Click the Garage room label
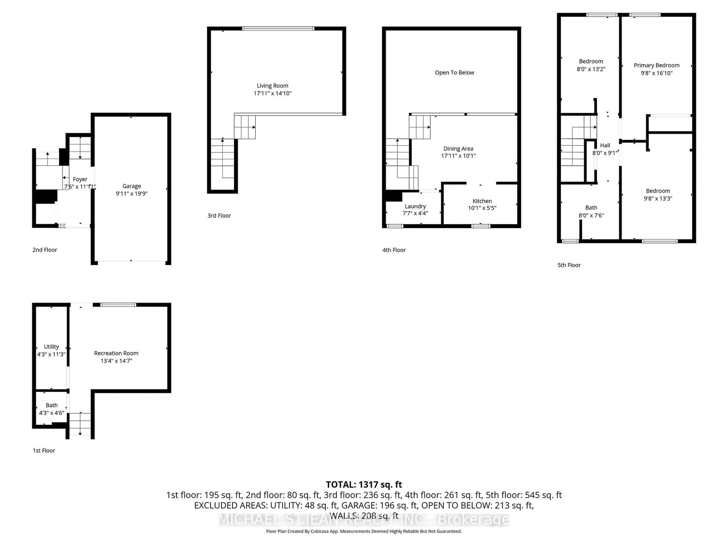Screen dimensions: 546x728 (x=132, y=186)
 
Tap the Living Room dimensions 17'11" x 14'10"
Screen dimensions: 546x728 (x=272, y=93)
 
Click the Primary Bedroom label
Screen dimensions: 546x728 (x=657, y=65)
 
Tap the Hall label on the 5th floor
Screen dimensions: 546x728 (x=605, y=145)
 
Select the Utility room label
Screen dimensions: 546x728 (x=51, y=347)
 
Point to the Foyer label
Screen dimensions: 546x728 (x=80, y=179)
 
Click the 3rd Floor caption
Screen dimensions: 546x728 (x=219, y=216)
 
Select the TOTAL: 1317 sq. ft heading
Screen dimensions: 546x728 (x=364, y=484)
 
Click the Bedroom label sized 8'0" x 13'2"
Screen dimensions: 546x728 (x=591, y=61)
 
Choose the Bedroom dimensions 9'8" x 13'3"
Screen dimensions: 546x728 (x=658, y=198)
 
